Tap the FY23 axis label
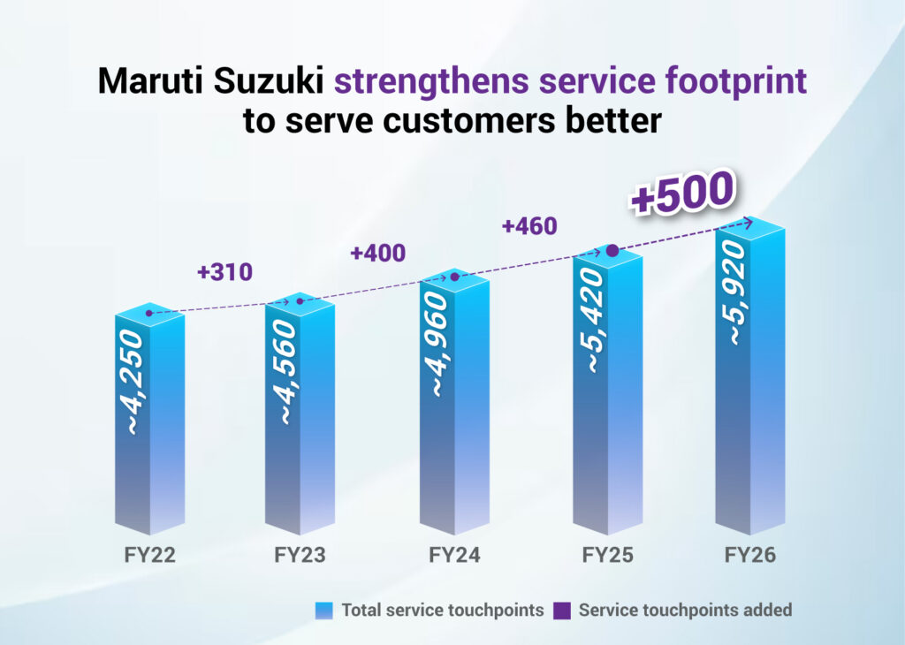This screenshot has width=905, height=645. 301,556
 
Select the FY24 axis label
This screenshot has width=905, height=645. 454,556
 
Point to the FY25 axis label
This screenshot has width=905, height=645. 608,556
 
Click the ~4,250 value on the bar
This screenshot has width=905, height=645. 133,383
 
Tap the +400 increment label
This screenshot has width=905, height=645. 377,253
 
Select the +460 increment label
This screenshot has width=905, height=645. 529,226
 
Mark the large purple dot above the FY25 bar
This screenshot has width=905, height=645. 612,252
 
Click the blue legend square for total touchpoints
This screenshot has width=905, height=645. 324,610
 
